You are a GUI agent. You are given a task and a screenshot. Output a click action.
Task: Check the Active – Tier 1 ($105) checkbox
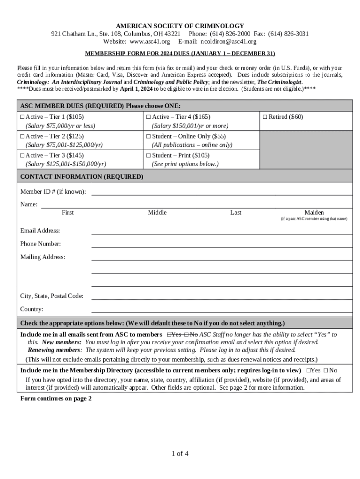click(22, 117)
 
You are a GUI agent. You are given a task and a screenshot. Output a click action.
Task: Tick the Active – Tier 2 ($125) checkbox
click(22, 136)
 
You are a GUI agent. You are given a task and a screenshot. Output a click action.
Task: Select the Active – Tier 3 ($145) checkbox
click(22, 155)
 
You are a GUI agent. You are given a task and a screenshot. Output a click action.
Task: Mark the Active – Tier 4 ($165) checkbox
click(148, 117)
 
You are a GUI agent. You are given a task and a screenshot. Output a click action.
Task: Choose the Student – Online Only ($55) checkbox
click(148, 136)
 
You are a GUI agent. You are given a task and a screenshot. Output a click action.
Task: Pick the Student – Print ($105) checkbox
click(148, 155)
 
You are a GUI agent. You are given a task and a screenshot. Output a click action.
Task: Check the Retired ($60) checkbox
click(265, 117)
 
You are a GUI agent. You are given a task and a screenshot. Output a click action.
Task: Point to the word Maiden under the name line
click(314, 213)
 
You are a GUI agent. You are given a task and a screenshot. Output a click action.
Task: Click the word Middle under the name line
click(157, 213)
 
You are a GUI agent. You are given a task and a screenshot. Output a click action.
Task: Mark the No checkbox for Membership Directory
click(325, 370)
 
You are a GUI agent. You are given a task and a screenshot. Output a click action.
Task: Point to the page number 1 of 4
click(180, 454)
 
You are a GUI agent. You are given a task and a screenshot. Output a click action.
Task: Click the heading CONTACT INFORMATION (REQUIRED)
click(82, 177)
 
